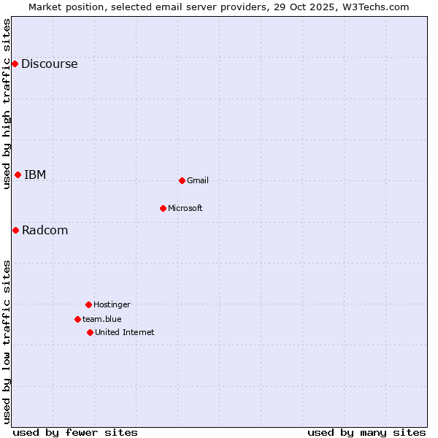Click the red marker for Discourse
pos(15,64)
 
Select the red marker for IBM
pos(18,174)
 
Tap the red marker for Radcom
pos(15,230)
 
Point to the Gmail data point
pos(182,180)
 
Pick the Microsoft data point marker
pos(163,208)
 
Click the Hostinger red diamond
pos(88,304)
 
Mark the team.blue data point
pos(77,319)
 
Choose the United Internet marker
pos(90,332)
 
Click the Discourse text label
pos(49,64)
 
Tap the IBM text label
pos(35,174)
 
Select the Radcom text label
pos(45,231)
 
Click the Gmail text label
pos(198,181)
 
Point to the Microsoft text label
pos(185,209)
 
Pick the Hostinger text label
pos(112,305)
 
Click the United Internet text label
pos(124,333)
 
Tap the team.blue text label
pos(102,320)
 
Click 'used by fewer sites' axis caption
pos(75,432)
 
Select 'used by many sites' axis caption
pos(366,432)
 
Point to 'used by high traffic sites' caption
pos(7,104)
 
